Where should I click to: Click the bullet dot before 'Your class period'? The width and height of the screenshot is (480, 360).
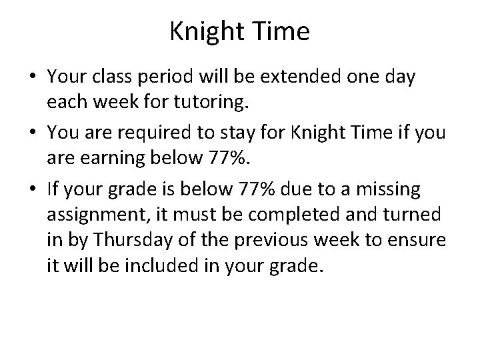(31, 77)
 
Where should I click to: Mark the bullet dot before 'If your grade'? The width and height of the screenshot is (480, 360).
(31, 190)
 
